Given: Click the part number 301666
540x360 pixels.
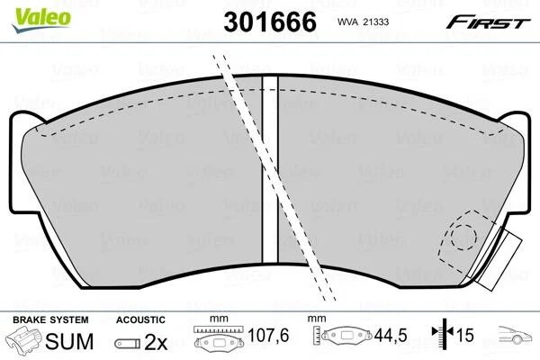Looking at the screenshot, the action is [x=270, y=22].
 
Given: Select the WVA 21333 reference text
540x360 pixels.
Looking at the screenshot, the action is [x=363, y=22].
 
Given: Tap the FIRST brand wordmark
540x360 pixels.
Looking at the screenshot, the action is [x=488, y=22].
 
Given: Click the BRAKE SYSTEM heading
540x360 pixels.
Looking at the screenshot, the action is [x=50, y=319].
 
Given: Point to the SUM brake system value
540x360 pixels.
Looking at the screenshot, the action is [x=69, y=341].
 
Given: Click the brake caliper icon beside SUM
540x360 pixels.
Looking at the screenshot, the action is [x=23, y=339].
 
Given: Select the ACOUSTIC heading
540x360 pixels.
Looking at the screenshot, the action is [x=140, y=319].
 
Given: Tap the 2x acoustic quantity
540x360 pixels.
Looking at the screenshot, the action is [x=156, y=342].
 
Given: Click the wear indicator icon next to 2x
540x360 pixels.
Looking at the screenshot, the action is [x=128, y=344].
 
